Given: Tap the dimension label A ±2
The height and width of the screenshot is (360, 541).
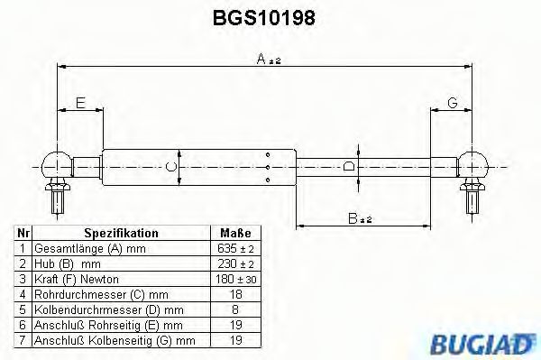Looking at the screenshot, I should pos(267,60).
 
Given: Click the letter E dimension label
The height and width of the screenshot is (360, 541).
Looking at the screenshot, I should pos(80,104).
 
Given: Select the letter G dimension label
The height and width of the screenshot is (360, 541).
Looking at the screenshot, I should pos(453,104).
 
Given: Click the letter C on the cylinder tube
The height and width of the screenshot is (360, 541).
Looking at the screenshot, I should pos(172,166).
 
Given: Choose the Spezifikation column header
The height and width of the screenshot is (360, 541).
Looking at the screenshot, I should pos(121,232).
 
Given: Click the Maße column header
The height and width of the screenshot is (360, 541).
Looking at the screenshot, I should pos(234,232).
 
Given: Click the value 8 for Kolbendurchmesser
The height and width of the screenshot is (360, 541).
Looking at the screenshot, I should pos(234,309).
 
